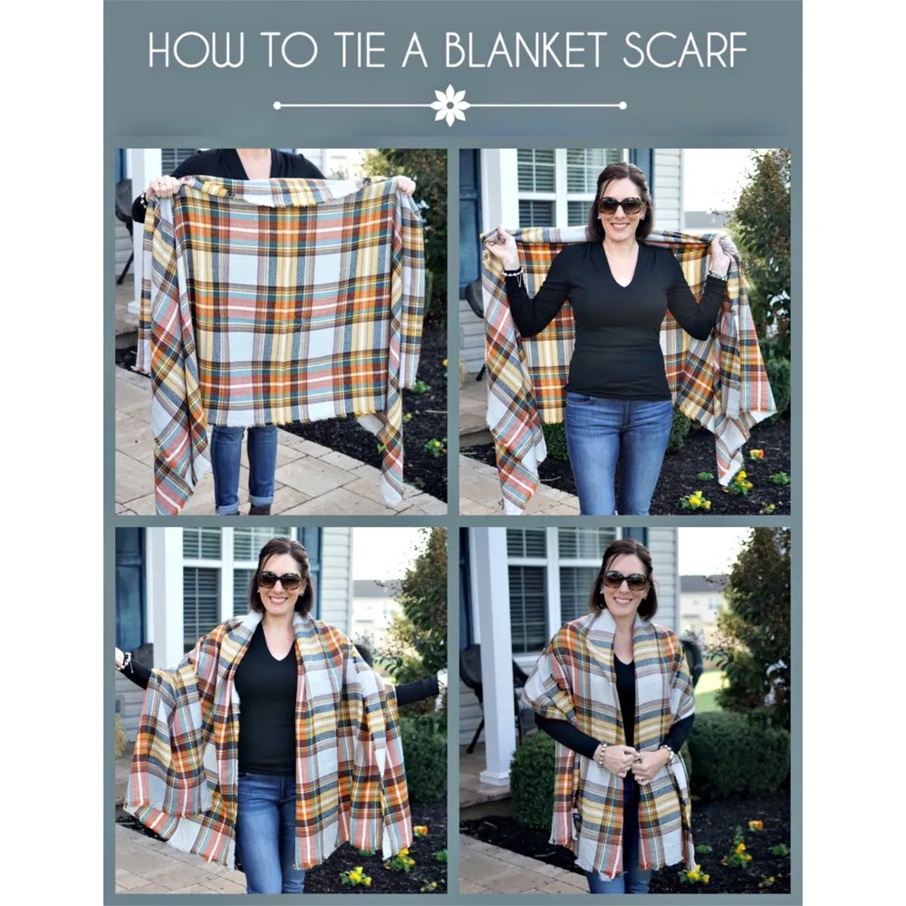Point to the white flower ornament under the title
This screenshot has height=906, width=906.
(450, 105)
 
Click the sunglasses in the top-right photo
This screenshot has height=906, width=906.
(621, 206)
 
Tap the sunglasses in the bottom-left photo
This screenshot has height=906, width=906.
(281, 580)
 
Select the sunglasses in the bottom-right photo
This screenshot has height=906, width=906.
(626, 580)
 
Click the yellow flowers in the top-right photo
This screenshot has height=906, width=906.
(696, 500)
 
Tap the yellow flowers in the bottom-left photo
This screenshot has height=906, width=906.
(355, 876)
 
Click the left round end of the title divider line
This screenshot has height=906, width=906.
(276, 105)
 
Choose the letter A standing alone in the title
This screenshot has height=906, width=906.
(415, 50)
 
